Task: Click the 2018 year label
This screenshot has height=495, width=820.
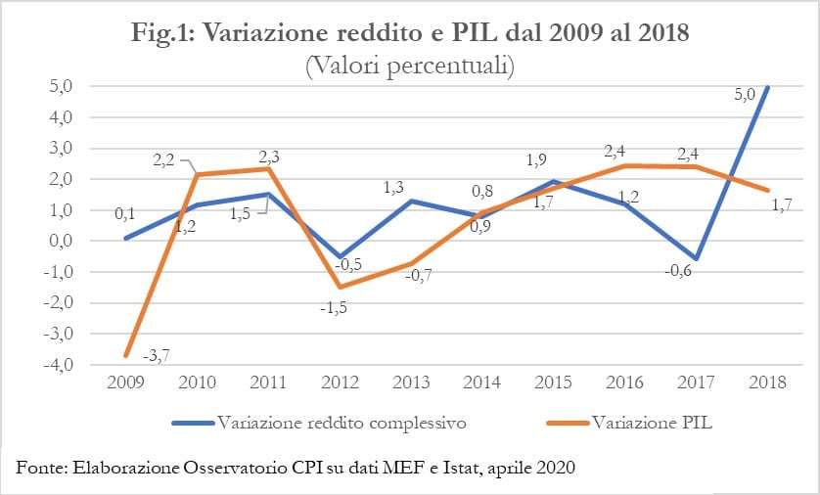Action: tap(765, 382)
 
